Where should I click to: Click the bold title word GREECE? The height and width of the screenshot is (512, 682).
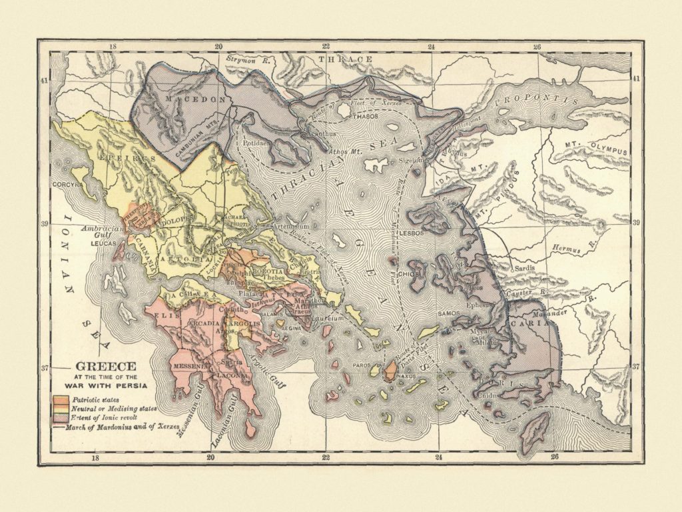coord(105,366)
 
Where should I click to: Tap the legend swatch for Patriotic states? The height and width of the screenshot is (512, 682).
coord(59,398)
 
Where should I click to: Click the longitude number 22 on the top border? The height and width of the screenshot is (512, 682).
coord(326,47)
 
